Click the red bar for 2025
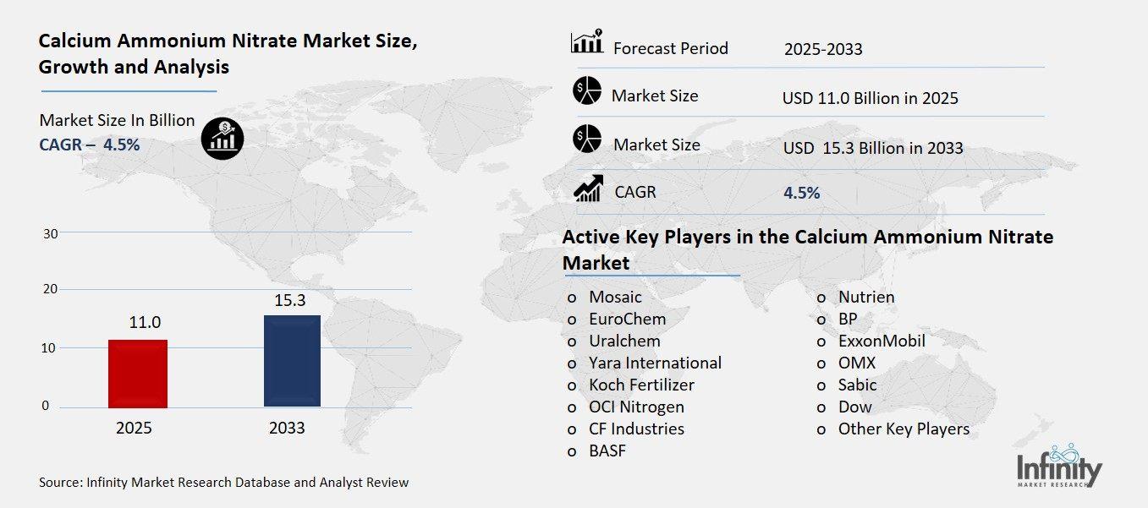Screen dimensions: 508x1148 tap(138, 373)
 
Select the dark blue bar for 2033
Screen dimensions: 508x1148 tap(292, 360)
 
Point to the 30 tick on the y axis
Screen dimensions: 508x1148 tap(50, 233)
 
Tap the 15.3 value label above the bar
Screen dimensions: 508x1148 tap(292, 300)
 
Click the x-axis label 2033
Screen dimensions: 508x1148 tap(287, 428)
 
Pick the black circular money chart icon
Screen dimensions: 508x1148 tap(222, 136)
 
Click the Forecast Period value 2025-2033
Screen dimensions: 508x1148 tap(822, 49)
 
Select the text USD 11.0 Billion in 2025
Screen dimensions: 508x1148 tap(870, 98)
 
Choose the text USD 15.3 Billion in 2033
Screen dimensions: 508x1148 tap(872, 148)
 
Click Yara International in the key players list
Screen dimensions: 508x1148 tap(655, 363)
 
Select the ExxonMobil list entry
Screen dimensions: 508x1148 tap(881, 341)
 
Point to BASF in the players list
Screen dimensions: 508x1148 tap(607, 451)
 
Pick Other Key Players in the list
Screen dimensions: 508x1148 tap(903, 429)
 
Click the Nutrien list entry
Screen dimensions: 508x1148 tap(865, 297)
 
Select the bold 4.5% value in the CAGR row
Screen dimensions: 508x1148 tap(801, 193)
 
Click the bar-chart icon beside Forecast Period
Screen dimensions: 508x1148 tap(586, 41)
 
